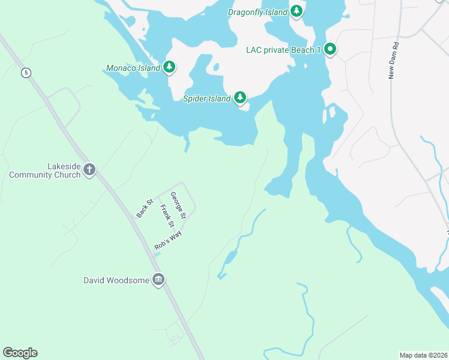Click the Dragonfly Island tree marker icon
point(296,11)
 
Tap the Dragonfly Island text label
point(258,12)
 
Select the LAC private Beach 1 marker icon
point(330,49)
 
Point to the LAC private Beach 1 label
point(283,50)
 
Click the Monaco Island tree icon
point(170,67)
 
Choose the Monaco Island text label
point(133,68)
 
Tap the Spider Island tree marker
point(240,97)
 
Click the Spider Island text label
point(207,98)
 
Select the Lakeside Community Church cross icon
point(89,170)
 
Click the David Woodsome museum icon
point(158,280)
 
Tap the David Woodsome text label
point(116,280)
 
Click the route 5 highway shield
point(25,73)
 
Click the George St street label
point(178,205)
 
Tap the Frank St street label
point(167,217)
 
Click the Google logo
point(20,353)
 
